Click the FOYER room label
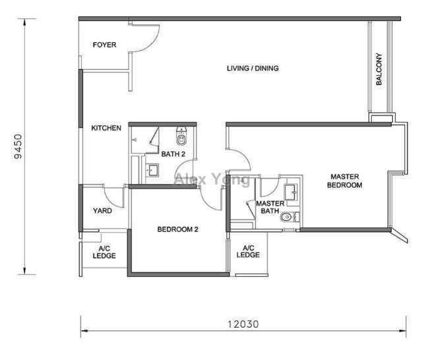(104, 45)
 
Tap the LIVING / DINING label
(253, 68)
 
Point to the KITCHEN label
(105, 128)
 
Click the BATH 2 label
(173, 154)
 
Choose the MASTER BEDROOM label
(346, 181)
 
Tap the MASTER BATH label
(269, 208)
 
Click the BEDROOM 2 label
(178, 230)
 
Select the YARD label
(102, 212)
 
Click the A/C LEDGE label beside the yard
(103, 252)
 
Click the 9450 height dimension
(20, 147)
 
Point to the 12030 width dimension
(241, 324)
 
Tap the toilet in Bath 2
(182, 137)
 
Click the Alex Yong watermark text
(211, 179)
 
